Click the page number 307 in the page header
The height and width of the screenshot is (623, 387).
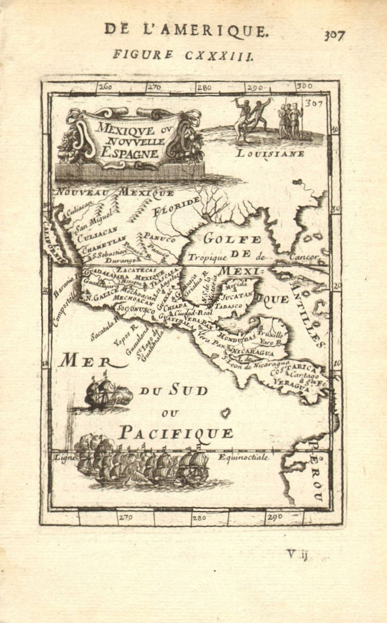click(334, 35)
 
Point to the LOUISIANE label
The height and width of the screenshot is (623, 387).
click(270, 153)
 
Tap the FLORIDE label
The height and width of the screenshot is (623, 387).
click(176, 206)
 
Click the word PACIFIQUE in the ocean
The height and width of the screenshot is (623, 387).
click(176, 433)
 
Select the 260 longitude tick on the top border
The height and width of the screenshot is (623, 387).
click(105, 86)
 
